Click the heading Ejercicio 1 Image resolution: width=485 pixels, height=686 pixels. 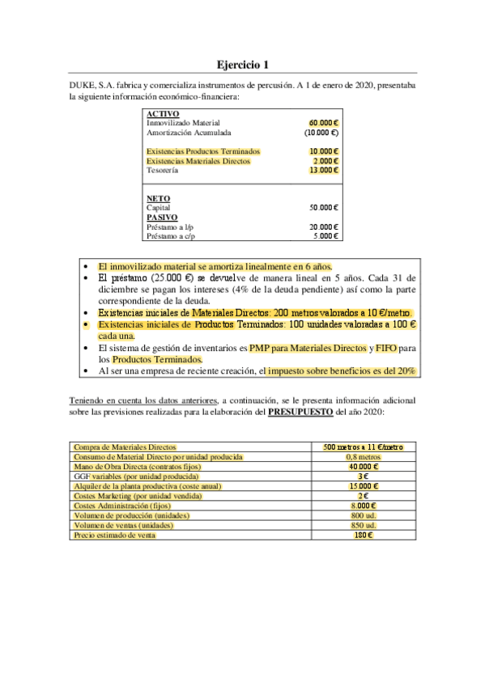pos(242,64)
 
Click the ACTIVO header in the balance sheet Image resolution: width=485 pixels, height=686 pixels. pos(163,114)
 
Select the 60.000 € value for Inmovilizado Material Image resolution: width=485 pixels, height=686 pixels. pos(323,123)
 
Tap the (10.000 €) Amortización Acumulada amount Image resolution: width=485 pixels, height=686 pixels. pos(321,132)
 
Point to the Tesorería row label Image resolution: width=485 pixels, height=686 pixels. pos(163,171)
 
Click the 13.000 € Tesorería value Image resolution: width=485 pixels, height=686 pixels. pos(323,171)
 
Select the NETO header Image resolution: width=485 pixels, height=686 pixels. pos(158,198)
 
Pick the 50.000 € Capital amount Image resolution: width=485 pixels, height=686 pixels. pos(324,208)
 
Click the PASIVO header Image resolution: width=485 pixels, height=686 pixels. pos(162,217)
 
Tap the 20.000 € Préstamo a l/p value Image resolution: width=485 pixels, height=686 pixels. pos(324,227)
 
